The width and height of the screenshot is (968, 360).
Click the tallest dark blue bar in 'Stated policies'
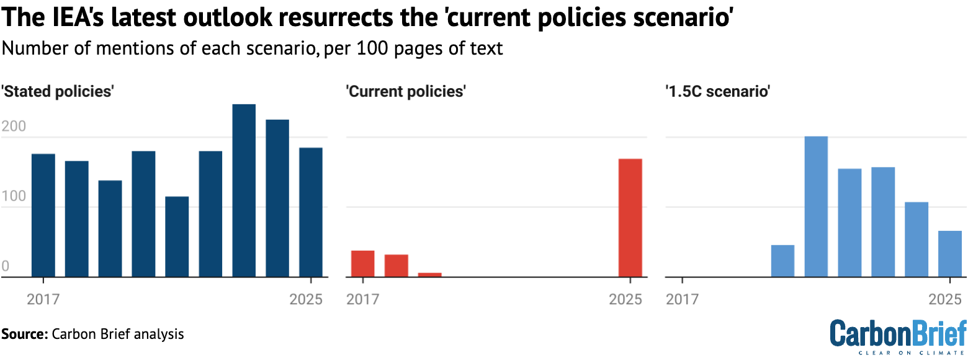pyautogui.click(x=244, y=190)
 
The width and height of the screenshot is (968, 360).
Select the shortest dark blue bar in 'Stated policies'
pyautogui.click(x=177, y=236)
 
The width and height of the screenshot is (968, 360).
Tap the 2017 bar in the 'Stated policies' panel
pyautogui.click(x=43, y=215)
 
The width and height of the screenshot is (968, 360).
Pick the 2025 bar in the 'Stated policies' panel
pyautogui.click(x=311, y=212)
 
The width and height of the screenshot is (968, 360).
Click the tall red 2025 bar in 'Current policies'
pyautogui.click(x=630, y=217)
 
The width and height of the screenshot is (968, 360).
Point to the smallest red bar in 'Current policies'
pyautogui.click(x=430, y=274)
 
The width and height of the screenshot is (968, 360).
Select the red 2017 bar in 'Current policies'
pyautogui.click(x=363, y=263)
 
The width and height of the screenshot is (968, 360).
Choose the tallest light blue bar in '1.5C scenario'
pyautogui.click(x=816, y=206)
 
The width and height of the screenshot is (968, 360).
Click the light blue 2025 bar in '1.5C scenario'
pyautogui.click(x=949, y=253)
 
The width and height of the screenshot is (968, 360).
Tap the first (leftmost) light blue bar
pyautogui.click(x=782, y=261)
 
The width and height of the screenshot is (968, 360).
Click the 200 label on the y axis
pyautogui.click(x=14, y=127)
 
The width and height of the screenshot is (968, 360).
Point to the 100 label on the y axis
pyautogui.click(x=14, y=197)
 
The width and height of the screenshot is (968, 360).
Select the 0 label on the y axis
pyautogui.click(x=5, y=267)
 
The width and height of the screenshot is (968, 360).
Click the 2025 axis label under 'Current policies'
pyautogui.click(x=625, y=299)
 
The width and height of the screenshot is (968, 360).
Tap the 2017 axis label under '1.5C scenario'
pyautogui.click(x=682, y=299)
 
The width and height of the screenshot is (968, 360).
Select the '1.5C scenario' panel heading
pyautogui.click(x=717, y=92)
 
